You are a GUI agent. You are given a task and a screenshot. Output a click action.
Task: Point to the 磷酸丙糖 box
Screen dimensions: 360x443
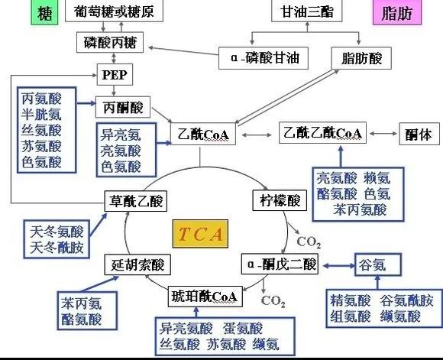click(110, 41)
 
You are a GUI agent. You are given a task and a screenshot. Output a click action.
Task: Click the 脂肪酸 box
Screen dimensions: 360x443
click(356, 57)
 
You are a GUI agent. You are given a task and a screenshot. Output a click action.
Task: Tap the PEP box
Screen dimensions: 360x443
click(111, 76)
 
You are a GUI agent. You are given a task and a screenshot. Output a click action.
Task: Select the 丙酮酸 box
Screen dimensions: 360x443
click(121, 105)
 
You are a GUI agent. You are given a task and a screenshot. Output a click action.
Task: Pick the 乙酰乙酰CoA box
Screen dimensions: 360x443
click(321, 132)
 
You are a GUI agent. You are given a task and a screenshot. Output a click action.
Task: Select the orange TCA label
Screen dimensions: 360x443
click(200, 233)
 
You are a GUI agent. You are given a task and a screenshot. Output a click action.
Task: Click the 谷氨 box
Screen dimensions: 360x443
click(375, 264)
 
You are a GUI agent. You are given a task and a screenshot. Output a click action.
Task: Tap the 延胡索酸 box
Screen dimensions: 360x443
click(136, 265)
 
